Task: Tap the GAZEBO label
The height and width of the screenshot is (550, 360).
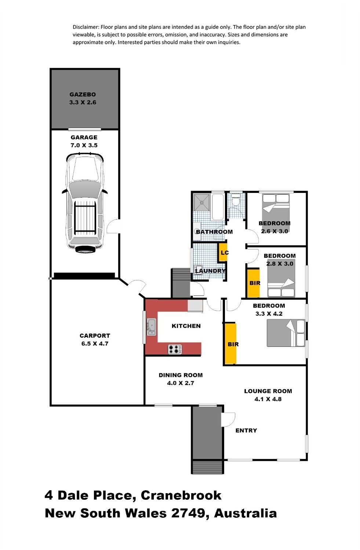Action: [83, 94]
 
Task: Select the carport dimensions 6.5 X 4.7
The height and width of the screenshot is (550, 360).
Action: [95, 344]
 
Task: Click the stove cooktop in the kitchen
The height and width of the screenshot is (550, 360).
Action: [175, 349]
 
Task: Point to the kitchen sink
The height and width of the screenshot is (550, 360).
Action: [151, 327]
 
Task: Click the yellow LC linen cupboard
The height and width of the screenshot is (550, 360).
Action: [223, 252]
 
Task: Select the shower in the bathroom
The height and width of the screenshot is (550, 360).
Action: [201, 202]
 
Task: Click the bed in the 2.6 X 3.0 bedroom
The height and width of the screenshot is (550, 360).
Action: [276, 212]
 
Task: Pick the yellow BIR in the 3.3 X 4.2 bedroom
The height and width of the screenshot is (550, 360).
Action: [230, 344]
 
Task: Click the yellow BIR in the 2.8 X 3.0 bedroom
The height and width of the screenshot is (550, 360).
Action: [253, 283]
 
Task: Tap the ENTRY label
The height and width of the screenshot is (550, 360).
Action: [246, 430]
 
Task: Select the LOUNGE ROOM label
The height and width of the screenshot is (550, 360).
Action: [268, 391]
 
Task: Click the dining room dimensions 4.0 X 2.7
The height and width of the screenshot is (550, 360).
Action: [181, 383]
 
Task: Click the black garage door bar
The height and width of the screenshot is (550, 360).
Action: [84, 275]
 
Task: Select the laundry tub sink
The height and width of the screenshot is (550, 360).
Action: [198, 269]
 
